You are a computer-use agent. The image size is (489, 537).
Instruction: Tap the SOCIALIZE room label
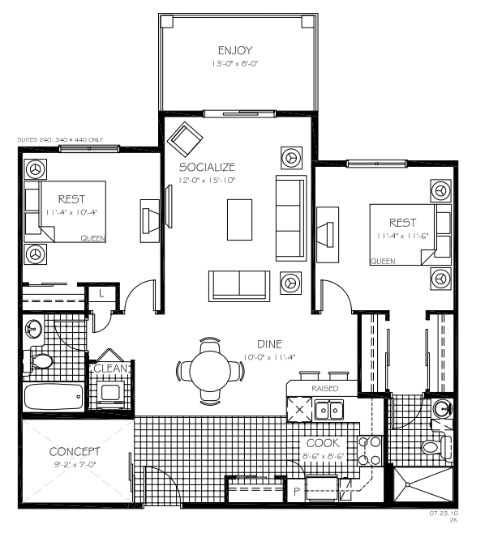coord(208,167)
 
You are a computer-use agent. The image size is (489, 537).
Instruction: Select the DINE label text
coord(269,343)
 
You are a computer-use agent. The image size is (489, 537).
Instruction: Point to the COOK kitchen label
coord(323,443)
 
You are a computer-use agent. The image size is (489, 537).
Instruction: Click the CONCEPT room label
coord(75,451)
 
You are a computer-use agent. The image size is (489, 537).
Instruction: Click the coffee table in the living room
coord(239,219)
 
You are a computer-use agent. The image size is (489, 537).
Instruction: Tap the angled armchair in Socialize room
coord(187,139)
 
